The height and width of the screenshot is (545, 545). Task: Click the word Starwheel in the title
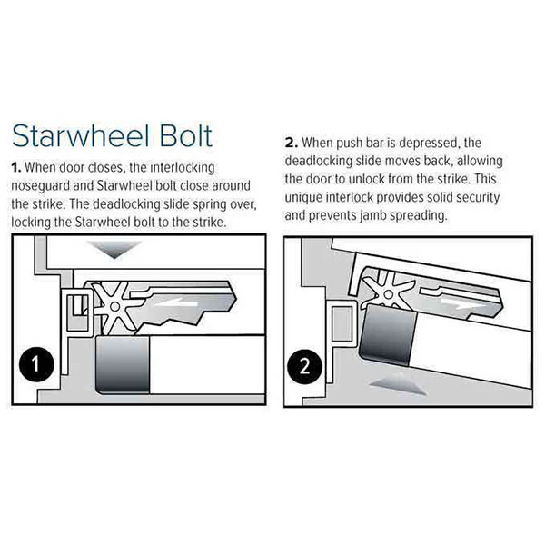[82, 135]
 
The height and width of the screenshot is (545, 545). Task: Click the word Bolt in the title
[186, 135]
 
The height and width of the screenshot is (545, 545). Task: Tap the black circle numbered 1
[36, 364]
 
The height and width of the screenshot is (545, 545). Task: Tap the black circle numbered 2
[305, 366]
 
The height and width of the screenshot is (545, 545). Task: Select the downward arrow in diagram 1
[114, 249]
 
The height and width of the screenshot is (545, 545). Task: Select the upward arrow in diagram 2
[398, 383]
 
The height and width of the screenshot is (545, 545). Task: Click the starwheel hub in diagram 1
[114, 307]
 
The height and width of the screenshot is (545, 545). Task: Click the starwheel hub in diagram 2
[389, 294]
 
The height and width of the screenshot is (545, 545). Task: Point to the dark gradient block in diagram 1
[123, 364]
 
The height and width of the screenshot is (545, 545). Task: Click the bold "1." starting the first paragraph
[16, 167]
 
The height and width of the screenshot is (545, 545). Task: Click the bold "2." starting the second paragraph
[292, 143]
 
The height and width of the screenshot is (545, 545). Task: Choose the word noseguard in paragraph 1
[40, 186]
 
